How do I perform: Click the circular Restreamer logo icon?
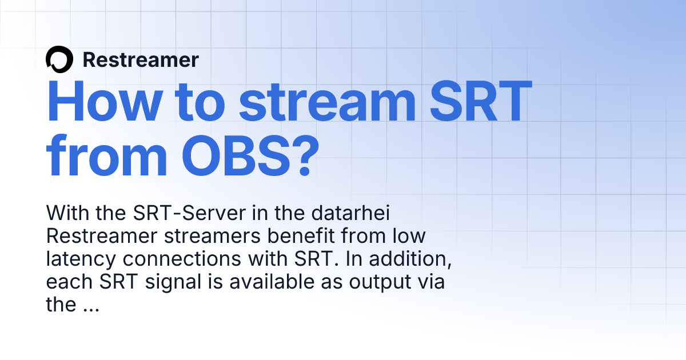(59, 59)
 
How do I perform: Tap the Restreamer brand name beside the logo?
(141, 60)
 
